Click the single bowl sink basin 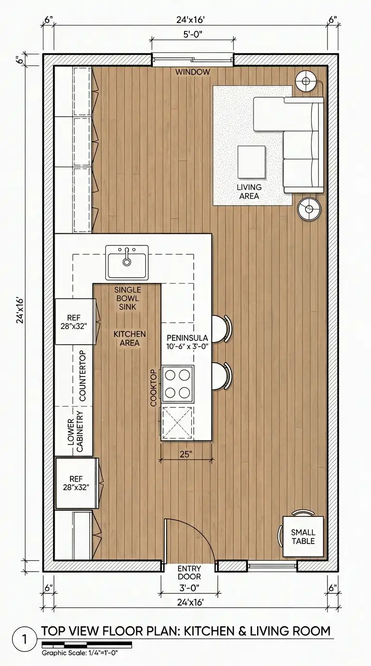[x=127, y=262]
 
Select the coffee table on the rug [x=251, y=162]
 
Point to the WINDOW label [x=193, y=72]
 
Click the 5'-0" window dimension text [x=193, y=35]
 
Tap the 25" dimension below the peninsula [x=186, y=454]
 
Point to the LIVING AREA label [x=249, y=192]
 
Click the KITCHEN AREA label [x=129, y=338]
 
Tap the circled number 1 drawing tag [x=24, y=639]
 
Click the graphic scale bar [x=86, y=645]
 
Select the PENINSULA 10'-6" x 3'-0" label [x=187, y=342]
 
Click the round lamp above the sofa [x=305, y=81]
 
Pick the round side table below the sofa [x=310, y=209]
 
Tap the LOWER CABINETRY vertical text [x=75, y=431]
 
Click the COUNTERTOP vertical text [x=82, y=376]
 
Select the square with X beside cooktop [x=177, y=423]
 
